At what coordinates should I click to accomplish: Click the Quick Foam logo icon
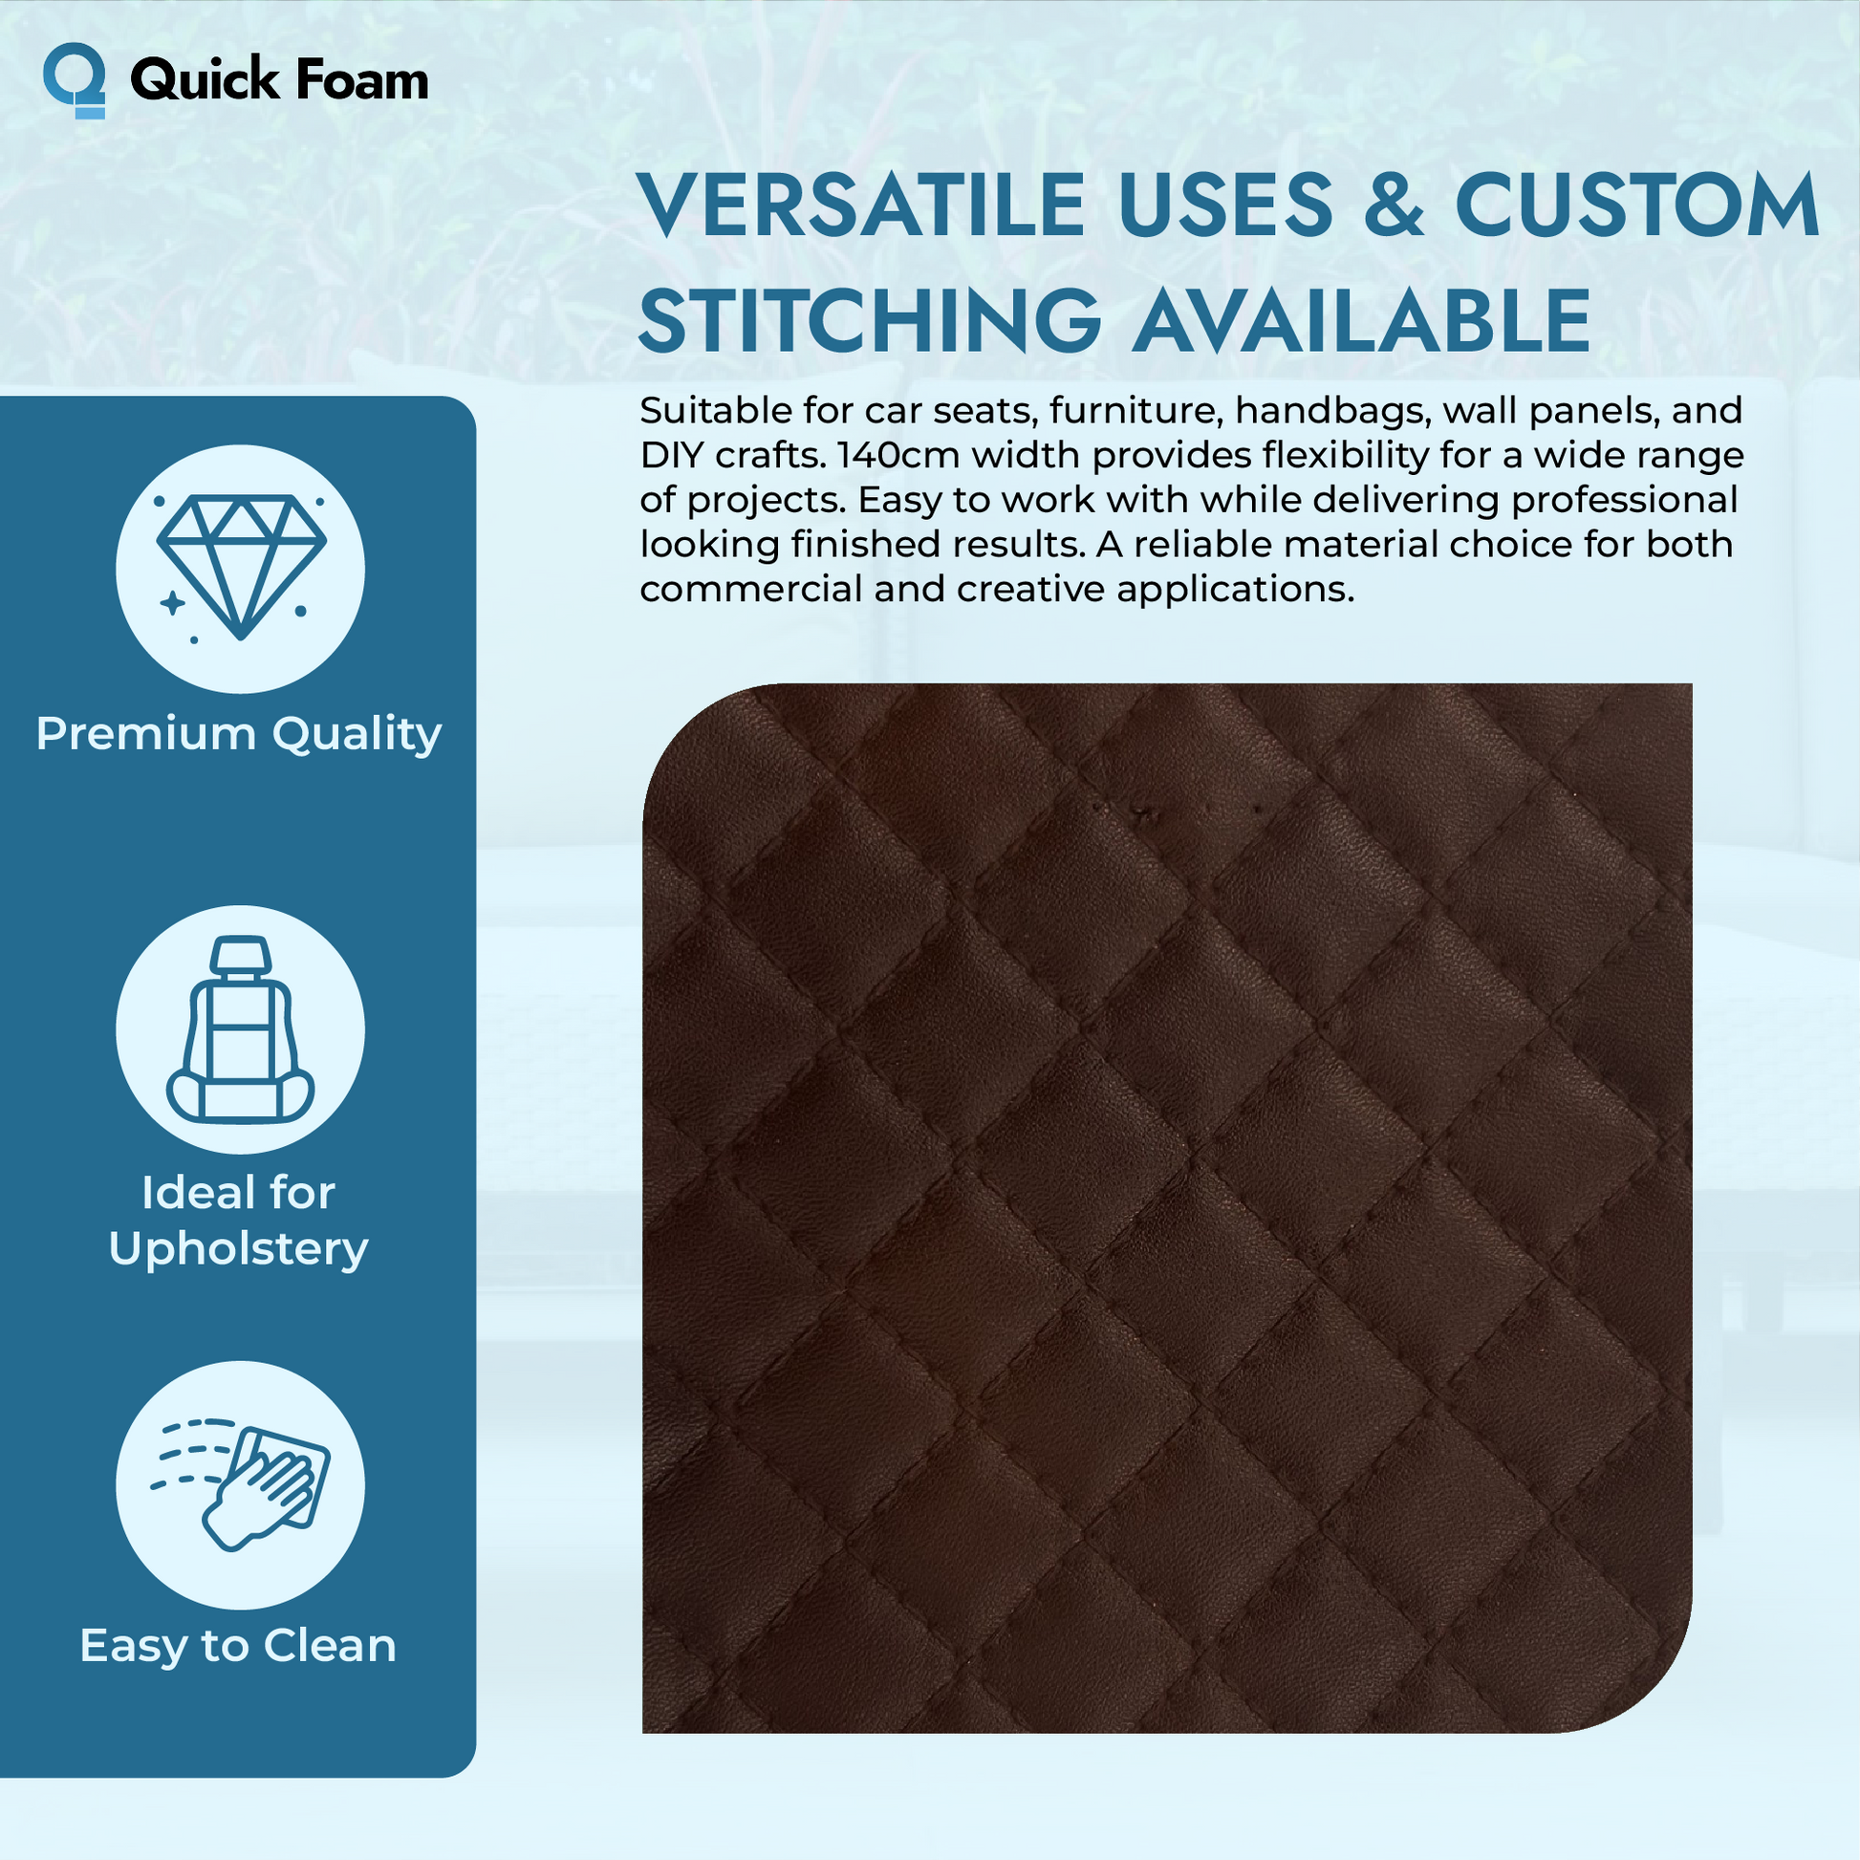75,81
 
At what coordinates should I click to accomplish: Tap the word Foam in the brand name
362,79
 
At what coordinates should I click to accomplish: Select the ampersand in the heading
1393,205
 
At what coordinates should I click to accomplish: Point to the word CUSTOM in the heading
1636,205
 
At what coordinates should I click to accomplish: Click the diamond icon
241,567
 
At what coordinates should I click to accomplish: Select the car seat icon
241,1029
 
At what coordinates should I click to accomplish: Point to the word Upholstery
239,1249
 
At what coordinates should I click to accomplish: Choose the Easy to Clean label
239,1646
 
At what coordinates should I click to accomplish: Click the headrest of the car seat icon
241,953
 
